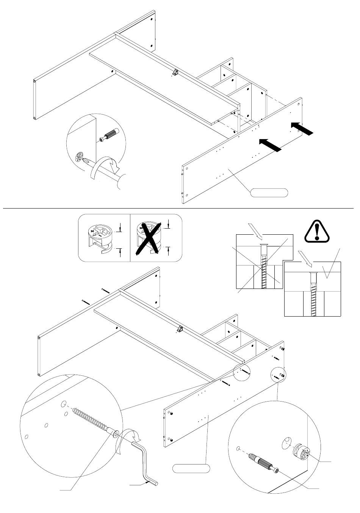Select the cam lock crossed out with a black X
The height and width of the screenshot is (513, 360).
pos(149,238)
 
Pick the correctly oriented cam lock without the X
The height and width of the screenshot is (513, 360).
pos(100,238)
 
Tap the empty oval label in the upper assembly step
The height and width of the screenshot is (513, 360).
pos(269,193)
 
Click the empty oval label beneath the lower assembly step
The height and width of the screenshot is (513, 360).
pos(191,468)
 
